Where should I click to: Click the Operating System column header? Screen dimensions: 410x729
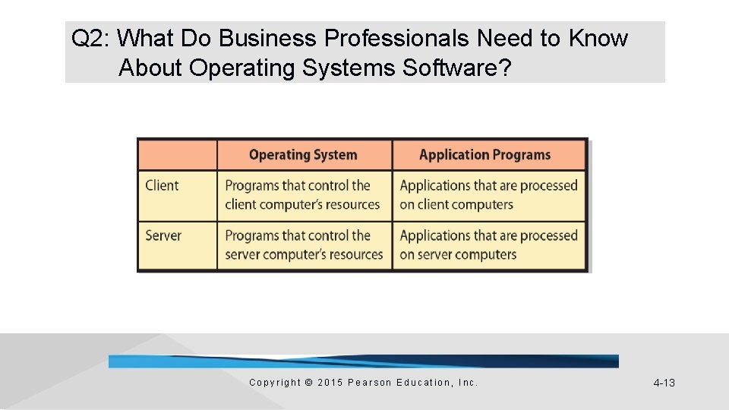(x=303, y=155)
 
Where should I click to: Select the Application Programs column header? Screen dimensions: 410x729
(x=484, y=155)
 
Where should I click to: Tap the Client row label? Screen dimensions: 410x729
(x=162, y=185)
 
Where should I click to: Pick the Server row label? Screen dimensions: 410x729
(x=163, y=235)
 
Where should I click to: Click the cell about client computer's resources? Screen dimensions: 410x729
(x=302, y=195)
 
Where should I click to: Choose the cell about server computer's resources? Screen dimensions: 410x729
(x=304, y=245)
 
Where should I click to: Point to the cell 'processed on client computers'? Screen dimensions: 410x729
(x=488, y=195)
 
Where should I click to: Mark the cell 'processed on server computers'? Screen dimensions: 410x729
(x=488, y=245)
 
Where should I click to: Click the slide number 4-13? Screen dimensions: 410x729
(x=664, y=383)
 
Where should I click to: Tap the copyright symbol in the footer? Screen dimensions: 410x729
(x=308, y=383)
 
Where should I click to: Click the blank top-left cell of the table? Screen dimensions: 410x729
(x=177, y=155)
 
